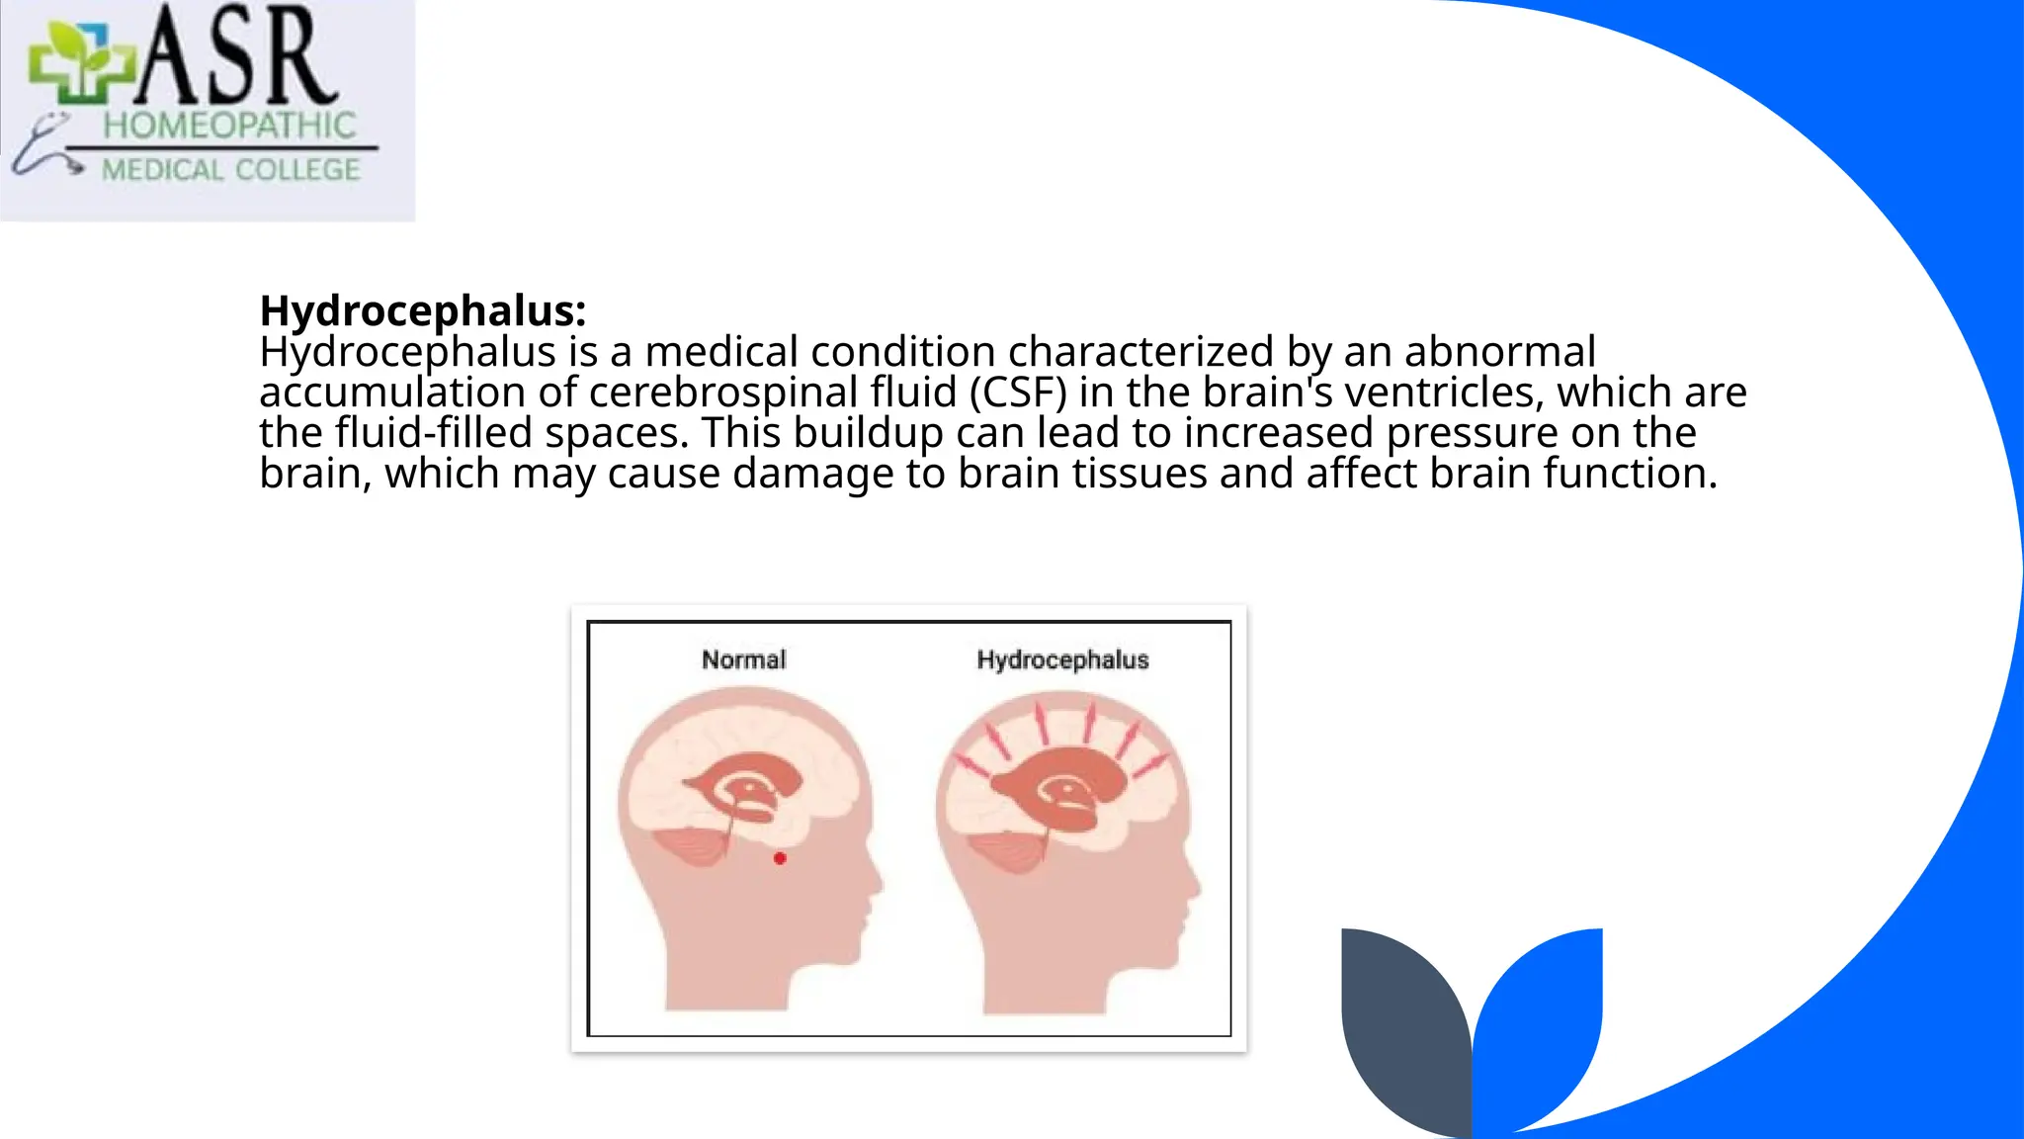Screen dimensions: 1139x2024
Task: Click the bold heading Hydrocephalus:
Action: (422, 311)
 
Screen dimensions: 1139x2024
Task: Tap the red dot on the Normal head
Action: (780, 858)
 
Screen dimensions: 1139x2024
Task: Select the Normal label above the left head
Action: (743, 659)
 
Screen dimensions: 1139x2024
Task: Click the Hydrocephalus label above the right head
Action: (1062, 659)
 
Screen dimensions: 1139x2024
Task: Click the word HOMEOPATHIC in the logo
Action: (229, 126)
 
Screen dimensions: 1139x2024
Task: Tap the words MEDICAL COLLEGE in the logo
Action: (231, 170)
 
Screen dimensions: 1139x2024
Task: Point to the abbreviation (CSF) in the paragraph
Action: (1018, 393)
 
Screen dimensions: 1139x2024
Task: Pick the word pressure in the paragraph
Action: (1503, 433)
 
